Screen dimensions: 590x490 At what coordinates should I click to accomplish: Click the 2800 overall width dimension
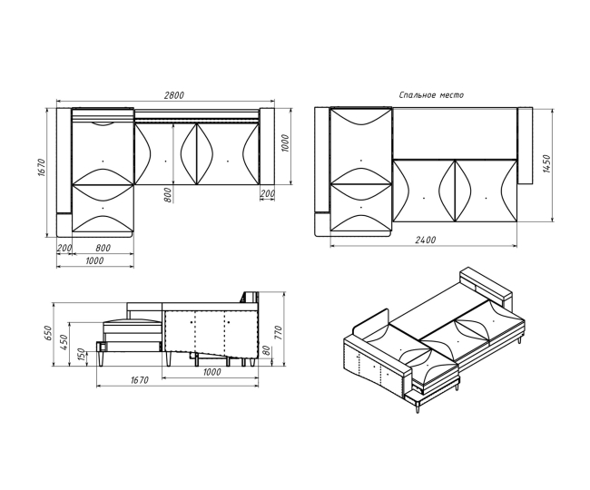pyautogui.click(x=174, y=95)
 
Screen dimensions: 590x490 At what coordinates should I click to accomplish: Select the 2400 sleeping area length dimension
pyautogui.click(x=425, y=240)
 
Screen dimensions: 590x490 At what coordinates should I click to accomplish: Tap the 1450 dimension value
pyautogui.click(x=547, y=164)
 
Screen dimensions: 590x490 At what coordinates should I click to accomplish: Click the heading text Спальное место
pyautogui.click(x=431, y=95)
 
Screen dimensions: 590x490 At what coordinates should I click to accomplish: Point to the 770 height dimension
pyautogui.click(x=278, y=334)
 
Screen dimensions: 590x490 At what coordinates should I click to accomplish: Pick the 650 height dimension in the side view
pyautogui.click(x=47, y=334)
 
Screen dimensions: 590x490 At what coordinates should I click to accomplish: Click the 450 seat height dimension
pyautogui.click(x=64, y=343)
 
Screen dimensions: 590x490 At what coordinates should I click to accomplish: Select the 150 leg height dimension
pyautogui.click(x=81, y=356)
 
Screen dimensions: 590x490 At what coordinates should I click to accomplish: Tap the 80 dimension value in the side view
pyautogui.click(x=267, y=350)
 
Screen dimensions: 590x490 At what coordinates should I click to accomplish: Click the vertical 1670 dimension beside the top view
pyautogui.click(x=42, y=168)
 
